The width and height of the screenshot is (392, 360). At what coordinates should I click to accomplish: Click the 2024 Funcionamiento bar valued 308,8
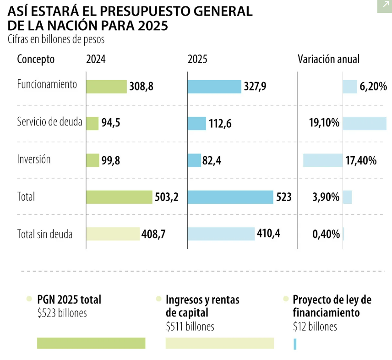pyautogui.click(x=106, y=87)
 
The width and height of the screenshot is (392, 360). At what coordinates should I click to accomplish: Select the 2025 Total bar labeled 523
pyautogui.click(x=230, y=197)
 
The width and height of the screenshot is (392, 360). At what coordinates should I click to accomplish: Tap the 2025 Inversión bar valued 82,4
pyautogui.click(x=194, y=160)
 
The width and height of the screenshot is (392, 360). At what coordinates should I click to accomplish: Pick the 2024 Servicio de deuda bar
pyautogui.click(x=92, y=123)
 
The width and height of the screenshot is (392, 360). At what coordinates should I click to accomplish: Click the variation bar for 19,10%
pyautogui.click(x=365, y=123)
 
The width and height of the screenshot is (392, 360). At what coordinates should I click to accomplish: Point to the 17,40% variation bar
pyautogui.click(x=323, y=160)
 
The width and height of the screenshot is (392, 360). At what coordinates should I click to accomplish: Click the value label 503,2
pyautogui.click(x=166, y=197)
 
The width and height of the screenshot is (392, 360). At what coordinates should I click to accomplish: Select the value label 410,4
pyautogui.click(x=269, y=234)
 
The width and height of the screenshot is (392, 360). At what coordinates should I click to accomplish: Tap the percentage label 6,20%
pyautogui.click(x=373, y=87)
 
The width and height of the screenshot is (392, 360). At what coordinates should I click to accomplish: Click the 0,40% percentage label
pyautogui.click(x=326, y=235)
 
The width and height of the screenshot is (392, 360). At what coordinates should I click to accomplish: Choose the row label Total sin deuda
pyautogui.click(x=45, y=234)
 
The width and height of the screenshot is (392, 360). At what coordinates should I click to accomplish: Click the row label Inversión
pyautogui.click(x=34, y=160)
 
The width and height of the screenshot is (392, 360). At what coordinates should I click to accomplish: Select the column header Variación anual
pyautogui.click(x=328, y=59)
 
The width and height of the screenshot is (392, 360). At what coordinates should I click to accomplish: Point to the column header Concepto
pyautogui.click(x=36, y=59)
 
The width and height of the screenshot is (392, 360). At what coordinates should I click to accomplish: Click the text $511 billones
pyautogui.click(x=190, y=327)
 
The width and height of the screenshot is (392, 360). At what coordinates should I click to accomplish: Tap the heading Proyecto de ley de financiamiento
pyautogui.click(x=332, y=306)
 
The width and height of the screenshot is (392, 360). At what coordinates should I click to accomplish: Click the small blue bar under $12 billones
pyautogui.click(x=295, y=344)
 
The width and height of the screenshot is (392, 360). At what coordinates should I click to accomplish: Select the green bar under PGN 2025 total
pyautogui.click(x=91, y=343)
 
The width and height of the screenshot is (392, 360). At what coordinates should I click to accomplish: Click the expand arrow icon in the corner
pyautogui.click(x=383, y=5)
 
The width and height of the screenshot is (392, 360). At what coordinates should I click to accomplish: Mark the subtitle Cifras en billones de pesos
pyautogui.click(x=56, y=39)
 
